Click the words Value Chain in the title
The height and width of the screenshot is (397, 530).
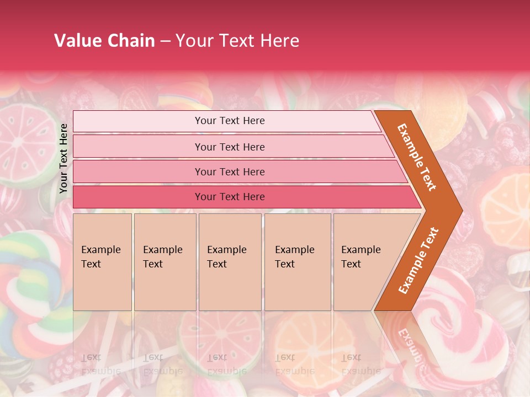coord(104,41)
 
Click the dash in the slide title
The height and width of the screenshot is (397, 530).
coord(165,41)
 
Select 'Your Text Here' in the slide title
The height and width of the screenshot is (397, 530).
coord(237,41)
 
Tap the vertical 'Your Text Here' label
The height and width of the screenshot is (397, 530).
coord(63,158)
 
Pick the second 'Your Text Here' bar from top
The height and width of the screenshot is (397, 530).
coord(230,147)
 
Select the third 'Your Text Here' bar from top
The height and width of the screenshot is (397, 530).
coord(230,172)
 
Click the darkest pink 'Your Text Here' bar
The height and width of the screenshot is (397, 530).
coord(230,197)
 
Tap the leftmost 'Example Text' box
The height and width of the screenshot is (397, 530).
coord(102,262)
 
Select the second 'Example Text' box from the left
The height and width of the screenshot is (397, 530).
coord(165,262)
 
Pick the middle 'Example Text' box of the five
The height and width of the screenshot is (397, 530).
coord(230,262)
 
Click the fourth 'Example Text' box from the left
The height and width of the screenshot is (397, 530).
coord(298,262)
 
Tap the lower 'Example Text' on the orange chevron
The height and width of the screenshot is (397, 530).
coord(418,260)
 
